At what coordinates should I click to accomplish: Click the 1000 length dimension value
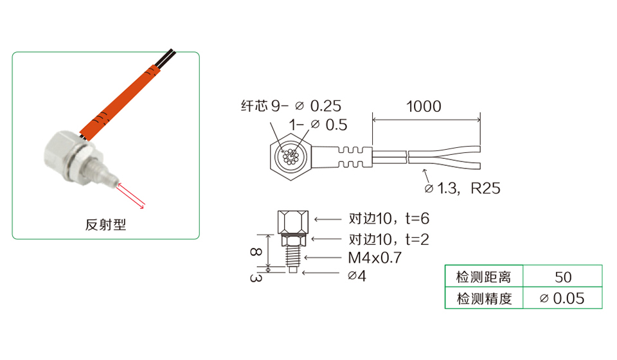point(424,106)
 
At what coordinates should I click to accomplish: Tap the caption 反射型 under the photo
point(106,224)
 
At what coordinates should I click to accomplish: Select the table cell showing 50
point(563,277)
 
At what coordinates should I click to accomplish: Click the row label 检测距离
point(483,277)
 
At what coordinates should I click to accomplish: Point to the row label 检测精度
point(484,299)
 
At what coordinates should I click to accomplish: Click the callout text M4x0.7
point(375,258)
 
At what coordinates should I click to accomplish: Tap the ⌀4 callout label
point(357,276)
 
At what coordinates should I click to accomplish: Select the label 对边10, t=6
point(389,219)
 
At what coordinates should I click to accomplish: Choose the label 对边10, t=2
point(389,239)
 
